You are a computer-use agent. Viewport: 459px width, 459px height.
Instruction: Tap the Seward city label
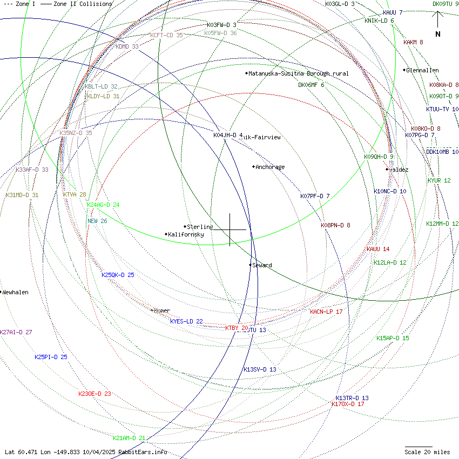coord(262,265)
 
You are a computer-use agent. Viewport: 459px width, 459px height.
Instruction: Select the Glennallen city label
coord(422,70)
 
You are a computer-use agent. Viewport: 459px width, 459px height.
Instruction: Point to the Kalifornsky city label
coord(186,234)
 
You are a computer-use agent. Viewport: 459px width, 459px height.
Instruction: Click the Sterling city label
coord(200,227)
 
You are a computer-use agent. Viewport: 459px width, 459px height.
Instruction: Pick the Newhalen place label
coord(15,292)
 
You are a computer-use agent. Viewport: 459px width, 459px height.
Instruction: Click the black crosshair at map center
coord(230,230)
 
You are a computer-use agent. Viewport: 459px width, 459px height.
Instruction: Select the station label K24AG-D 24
coord(103,205)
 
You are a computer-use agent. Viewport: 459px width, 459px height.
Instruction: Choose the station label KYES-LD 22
coord(186,321)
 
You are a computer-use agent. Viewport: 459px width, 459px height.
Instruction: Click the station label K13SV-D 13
coord(260,369)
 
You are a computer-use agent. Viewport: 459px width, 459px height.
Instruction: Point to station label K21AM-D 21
coord(129,438)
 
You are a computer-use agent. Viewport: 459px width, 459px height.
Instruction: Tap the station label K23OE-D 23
coord(94,394)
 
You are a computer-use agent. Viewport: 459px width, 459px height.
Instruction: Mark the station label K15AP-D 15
coord(393,338)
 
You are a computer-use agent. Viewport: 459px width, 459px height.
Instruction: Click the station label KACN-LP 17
coord(326,312)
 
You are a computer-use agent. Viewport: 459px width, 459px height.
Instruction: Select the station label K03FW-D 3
coord(221,25)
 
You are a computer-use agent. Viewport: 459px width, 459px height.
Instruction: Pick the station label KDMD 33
coord(127,46)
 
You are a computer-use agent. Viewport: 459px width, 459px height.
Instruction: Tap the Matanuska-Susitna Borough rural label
coord(298,73)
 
